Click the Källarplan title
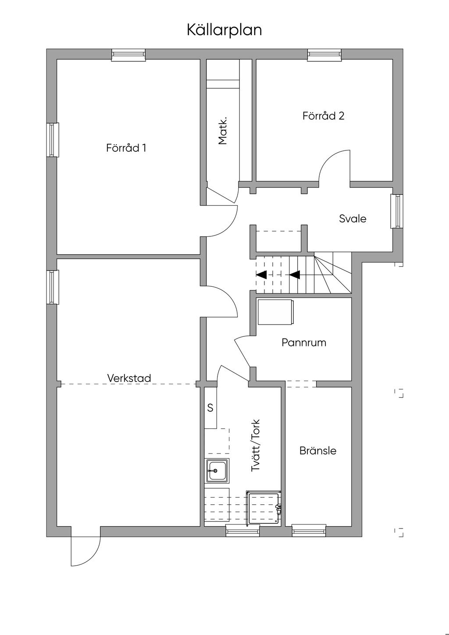pos(224,30)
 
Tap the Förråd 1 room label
pos(126,148)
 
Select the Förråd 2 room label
pos(324,116)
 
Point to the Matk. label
pos(223,130)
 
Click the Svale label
pos(353,218)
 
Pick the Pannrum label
pos(304,342)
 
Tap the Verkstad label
pos(129,378)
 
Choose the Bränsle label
pos(318,450)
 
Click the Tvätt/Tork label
pos(255,446)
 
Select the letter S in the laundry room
pos(210,408)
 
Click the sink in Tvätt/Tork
pos(217,471)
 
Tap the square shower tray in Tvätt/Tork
pos(264,508)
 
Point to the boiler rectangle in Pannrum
pos(275,312)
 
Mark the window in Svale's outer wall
pos(397,211)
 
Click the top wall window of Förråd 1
pos(128,55)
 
